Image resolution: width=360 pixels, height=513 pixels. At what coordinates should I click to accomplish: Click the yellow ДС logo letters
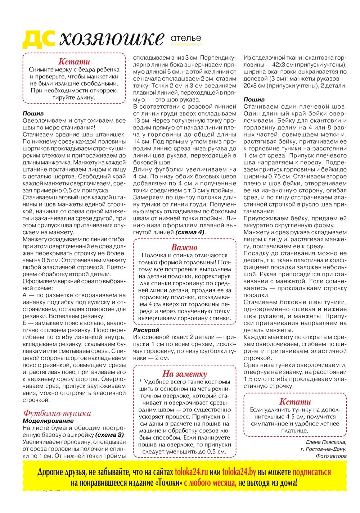[39, 39]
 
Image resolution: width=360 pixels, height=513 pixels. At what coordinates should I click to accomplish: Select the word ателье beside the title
[186, 38]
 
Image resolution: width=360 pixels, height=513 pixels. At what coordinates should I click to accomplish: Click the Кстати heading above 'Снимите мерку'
[74, 62]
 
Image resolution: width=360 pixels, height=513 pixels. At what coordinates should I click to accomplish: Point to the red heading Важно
[184, 247]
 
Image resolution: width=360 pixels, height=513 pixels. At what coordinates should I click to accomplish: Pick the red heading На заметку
[184, 373]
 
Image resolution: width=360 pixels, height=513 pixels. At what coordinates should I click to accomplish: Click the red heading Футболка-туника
[57, 413]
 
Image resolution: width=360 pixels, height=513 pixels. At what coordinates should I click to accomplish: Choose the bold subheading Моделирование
[48, 421]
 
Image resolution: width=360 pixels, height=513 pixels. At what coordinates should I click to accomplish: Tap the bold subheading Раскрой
[146, 330]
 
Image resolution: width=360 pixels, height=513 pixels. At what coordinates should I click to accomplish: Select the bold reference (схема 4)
[190, 232]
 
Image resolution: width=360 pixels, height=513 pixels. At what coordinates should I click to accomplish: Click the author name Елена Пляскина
[326, 442]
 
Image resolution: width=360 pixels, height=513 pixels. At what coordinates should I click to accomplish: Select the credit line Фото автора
[331, 456]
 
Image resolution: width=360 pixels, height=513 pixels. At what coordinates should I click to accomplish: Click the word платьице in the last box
[294, 431]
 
